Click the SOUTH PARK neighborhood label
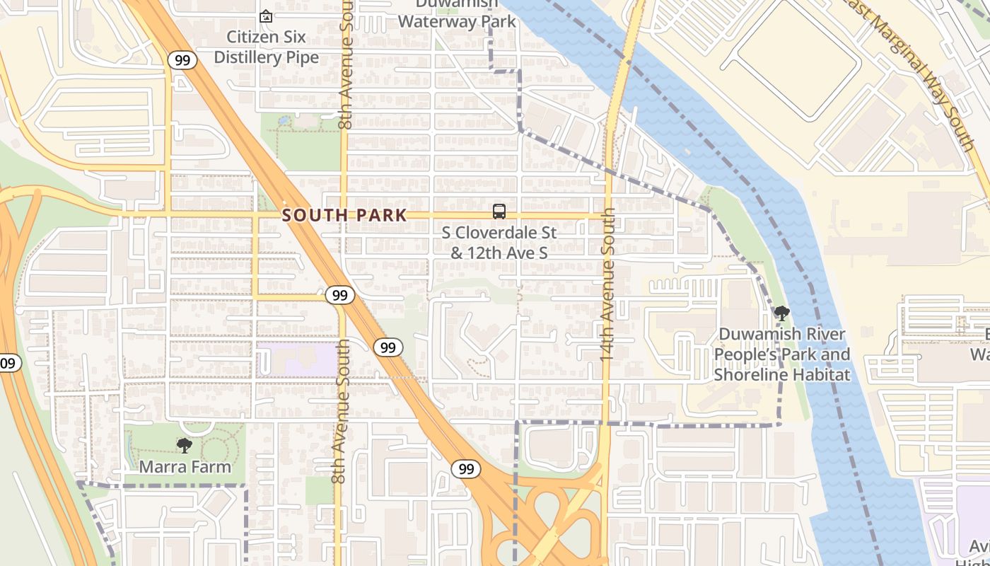click(x=344, y=215)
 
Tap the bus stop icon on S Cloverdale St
click(x=499, y=211)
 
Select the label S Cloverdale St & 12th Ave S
click(x=499, y=242)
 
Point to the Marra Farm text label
click(x=185, y=466)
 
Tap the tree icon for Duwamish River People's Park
click(x=781, y=313)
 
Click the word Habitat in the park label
click(x=820, y=374)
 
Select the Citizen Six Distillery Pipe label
click(x=267, y=47)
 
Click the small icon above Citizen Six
click(x=266, y=16)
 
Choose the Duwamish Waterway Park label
click(x=457, y=14)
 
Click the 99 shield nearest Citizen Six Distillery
click(x=182, y=60)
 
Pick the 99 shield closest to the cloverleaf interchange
click(x=465, y=468)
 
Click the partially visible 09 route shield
click(x=9, y=364)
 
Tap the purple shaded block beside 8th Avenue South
click(x=297, y=359)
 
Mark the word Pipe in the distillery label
click(x=302, y=57)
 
